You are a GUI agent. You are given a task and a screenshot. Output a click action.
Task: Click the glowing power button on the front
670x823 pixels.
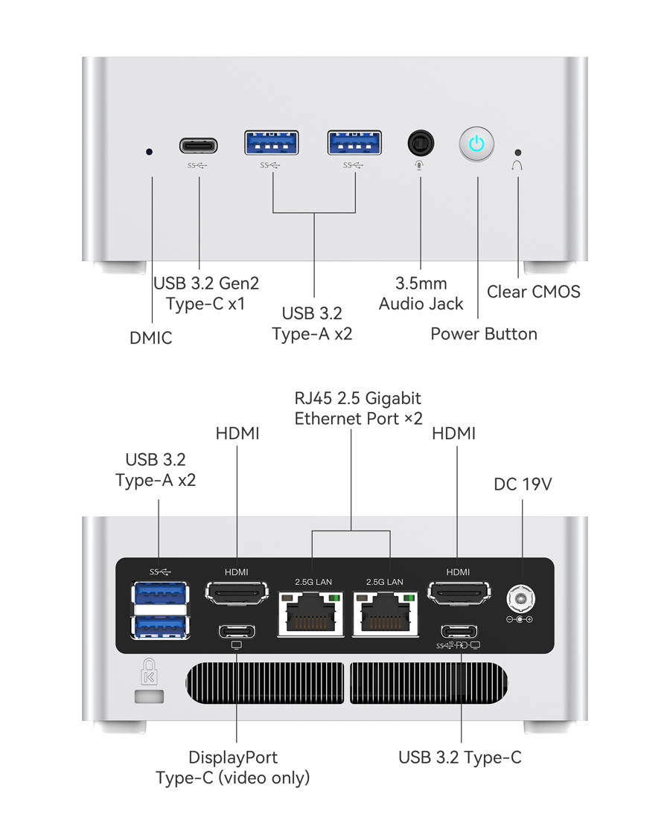point(476,144)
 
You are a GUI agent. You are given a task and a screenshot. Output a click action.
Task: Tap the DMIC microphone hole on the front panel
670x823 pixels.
point(150,151)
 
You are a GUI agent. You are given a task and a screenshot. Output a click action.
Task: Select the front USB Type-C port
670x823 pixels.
point(198,144)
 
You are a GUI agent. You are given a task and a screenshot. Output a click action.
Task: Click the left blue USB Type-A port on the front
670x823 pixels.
point(272,143)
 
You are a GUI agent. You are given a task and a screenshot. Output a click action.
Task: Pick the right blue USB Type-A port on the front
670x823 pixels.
point(354,143)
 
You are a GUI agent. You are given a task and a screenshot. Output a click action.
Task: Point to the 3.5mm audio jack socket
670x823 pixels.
point(421,142)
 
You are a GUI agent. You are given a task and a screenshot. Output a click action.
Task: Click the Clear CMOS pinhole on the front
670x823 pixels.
point(518,151)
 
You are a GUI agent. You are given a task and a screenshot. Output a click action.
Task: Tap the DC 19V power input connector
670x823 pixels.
point(520,597)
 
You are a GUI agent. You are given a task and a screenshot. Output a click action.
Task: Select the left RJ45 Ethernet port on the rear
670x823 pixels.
point(310,614)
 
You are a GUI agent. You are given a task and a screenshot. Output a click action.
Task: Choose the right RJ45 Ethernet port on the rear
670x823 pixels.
point(385,614)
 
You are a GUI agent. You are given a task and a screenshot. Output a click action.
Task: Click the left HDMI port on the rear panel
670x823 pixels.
point(237,594)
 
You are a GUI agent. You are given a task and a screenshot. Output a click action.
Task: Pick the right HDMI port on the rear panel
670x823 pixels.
point(458,594)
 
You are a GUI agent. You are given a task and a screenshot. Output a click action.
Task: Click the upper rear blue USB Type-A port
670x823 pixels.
point(159,595)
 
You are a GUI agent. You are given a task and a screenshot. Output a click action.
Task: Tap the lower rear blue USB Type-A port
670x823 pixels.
point(159,626)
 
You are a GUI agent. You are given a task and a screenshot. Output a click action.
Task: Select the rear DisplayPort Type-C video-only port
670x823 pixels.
point(237,631)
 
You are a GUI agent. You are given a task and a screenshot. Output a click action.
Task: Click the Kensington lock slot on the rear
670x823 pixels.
point(150,696)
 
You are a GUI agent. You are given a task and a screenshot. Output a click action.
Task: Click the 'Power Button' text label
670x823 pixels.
point(484,333)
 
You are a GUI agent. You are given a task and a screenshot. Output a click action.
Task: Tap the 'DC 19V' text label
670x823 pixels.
point(523,484)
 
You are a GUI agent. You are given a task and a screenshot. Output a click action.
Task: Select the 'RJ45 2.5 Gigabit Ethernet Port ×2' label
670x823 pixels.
point(358,408)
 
